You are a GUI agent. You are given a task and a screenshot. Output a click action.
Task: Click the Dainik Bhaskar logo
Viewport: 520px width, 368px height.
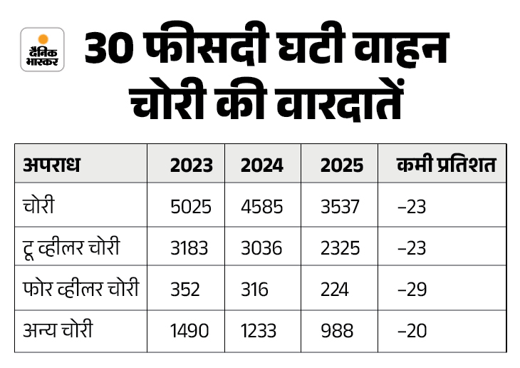pyautogui.click(x=43, y=49)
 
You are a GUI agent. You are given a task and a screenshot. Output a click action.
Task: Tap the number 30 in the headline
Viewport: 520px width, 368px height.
pyautogui.click(x=114, y=50)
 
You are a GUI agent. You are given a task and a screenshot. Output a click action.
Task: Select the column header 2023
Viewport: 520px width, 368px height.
pyautogui.click(x=191, y=165)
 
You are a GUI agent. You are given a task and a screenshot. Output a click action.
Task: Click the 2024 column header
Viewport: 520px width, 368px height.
pyautogui.click(x=262, y=165)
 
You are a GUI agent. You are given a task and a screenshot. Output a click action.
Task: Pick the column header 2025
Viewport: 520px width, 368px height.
pyautogui.click(x=342, y=165)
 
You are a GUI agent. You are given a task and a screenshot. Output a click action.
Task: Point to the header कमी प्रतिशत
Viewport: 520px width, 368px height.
pyautogui.click(x=446, y=165)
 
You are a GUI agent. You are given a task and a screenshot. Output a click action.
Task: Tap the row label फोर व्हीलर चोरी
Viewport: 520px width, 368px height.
pyautogui.click(x=80, y=290)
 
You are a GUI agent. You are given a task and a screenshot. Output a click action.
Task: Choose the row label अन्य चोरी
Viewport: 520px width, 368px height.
pyautogui.click(x=58, y=332)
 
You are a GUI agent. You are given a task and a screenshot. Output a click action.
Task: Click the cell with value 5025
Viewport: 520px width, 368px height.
pyautogui.click(x=191, y=207)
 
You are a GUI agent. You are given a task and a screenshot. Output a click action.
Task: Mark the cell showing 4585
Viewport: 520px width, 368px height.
pyautogui.click(x=262, y=207)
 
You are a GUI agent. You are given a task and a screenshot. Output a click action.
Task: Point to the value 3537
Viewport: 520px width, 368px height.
pyautogui.click(x=340, y=207)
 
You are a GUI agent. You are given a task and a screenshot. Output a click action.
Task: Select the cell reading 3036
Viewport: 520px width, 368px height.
pyautogui.click(x=261, y=248)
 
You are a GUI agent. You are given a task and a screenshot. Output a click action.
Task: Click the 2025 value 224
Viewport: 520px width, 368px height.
pyautogui.click(x=335, y=290)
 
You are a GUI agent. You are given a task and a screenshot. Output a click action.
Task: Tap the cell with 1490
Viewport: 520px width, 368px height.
pyautogui.click(x=189, y=332)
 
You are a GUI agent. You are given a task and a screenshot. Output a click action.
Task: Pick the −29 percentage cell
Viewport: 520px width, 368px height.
pyautogui.click(x=412, y=290)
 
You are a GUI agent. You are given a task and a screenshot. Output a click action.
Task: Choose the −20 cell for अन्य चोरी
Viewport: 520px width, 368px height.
pyautogui.click(x=412, y=332)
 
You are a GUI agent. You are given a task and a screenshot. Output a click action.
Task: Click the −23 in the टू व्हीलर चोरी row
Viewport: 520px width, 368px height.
pyautogui.click(x=412, y=248)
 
